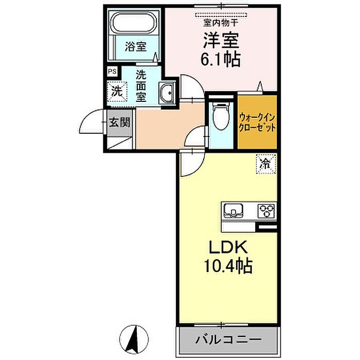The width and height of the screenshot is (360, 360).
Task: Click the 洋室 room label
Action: [x=222, y=41]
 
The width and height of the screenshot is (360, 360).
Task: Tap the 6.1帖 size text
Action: [x=222, y=60]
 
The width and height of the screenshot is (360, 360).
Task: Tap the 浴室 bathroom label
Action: [x=136, y=46]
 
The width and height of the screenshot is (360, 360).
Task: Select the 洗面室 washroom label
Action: [x=141, y=85]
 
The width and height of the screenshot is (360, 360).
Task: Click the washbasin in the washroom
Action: [x=167, y=93]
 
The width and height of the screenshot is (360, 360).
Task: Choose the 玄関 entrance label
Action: [x=119, y=123]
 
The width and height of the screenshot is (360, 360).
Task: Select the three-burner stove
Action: [x=266, y=210]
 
